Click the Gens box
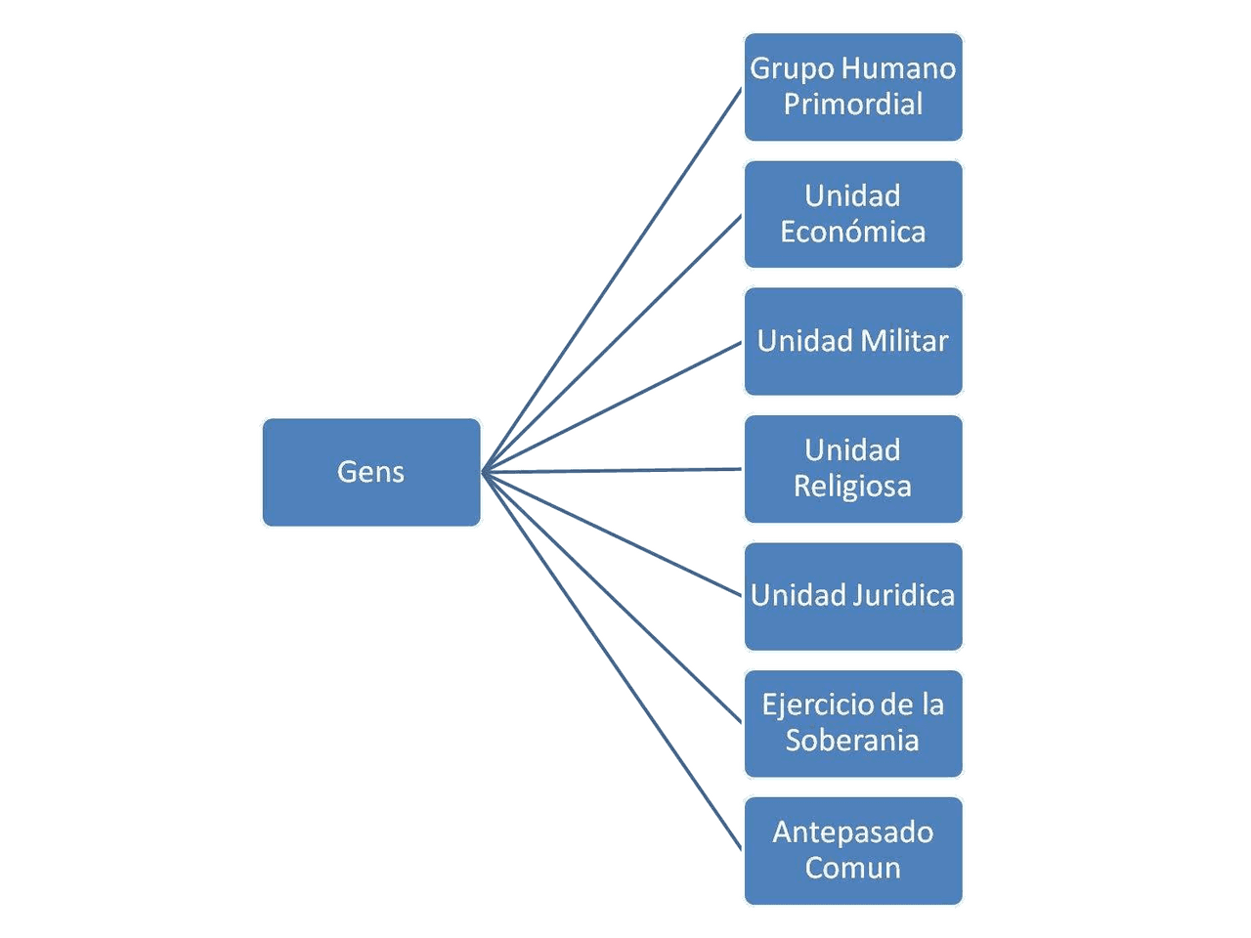click(371, 473)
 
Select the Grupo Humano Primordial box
click(853, 87)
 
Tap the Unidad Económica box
click(853, 214)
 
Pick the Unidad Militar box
click(853, 341)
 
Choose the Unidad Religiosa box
click(853, 469)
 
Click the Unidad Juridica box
click(853, 596)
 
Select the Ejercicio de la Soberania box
click(853, 723)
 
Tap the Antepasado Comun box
click(853, 850)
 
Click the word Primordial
click(853, 104)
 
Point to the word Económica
click(853, 232)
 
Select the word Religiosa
click(853, 487)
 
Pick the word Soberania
click(853, 741)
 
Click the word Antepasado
click(853, 832)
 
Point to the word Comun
click(853, 868)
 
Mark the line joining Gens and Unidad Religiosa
click(613, 471)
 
